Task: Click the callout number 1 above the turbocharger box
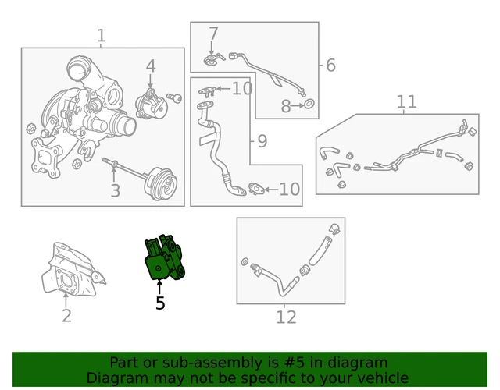point(101,35)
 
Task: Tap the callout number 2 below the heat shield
point(66,315)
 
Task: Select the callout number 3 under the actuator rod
point(115,190)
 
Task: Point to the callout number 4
point(151,66)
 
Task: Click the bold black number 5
point(160,303)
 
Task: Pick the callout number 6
point(330,65)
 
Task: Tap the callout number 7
point(213,34)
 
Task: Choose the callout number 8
point(286,106)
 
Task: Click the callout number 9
point(262,141)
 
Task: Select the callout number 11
point(406,101)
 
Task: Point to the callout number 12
point(287,317)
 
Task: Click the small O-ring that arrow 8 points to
point(309,104)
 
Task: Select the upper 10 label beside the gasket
point(242,88)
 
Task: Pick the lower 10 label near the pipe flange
point(290,189)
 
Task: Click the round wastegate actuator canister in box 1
point(162,183)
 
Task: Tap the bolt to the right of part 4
point(175,97)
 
